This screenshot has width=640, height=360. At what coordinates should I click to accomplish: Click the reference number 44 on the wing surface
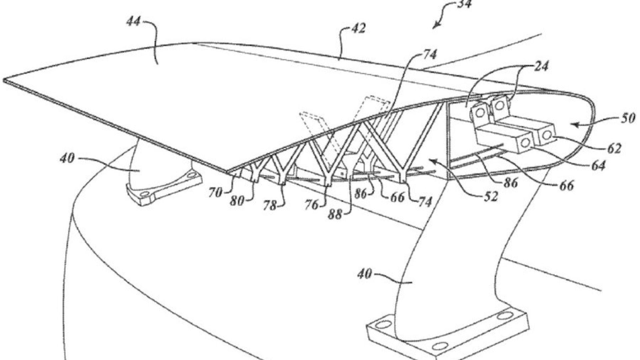(x=134, y=22)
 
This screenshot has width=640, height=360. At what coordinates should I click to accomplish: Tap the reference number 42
(x=358, y=29)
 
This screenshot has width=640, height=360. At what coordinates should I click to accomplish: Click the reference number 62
(x=614, y=148)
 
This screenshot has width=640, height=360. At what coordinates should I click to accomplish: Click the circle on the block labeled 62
(x=547, y=135)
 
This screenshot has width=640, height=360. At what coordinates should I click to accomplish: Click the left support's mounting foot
(x=164, y=188)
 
